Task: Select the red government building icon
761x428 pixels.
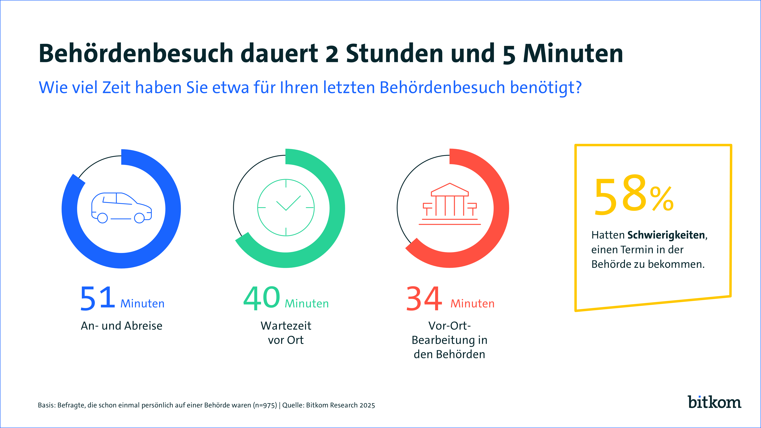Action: coord(450,204)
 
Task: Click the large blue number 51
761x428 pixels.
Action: coord(97,298)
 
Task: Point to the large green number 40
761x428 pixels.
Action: coord(261,298)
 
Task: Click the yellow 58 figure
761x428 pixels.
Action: coord(620,195)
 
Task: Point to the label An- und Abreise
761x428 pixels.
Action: coord(121,326)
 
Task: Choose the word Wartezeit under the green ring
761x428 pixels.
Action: coord(286,326)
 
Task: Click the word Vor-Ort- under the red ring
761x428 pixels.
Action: coord(449,326)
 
